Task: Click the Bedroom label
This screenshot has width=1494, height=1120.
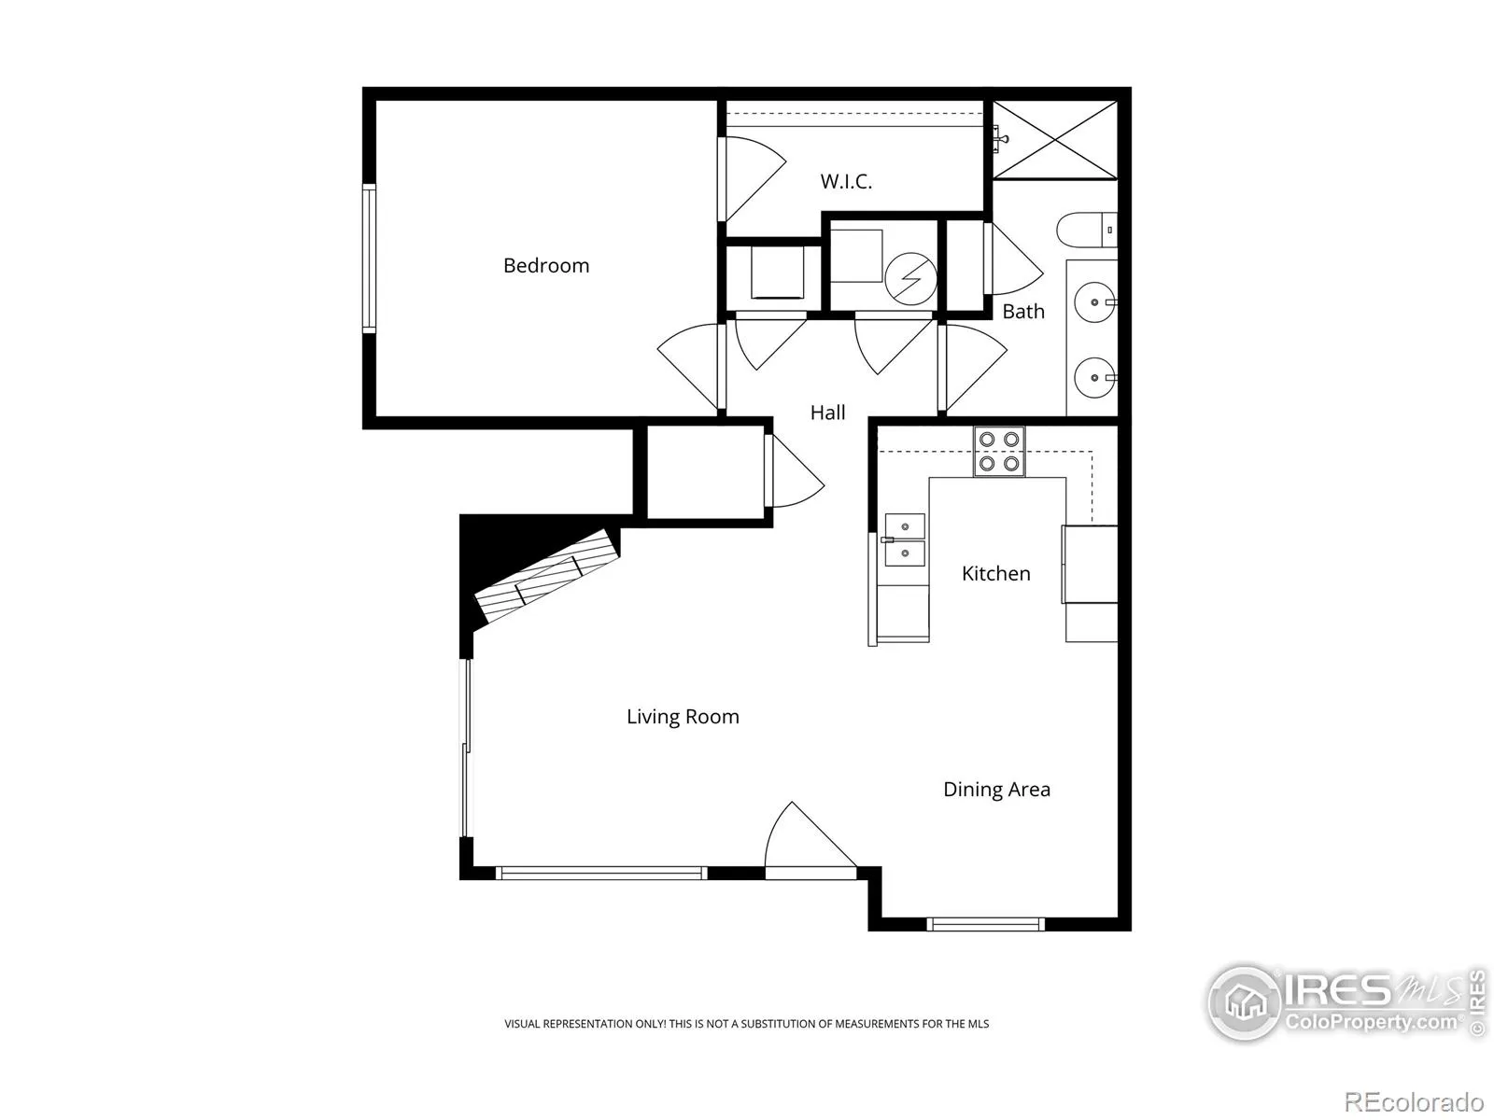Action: [546, 265]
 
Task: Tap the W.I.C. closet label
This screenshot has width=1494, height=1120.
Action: [846, 182]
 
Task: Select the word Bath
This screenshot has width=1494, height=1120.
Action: [1023, 312]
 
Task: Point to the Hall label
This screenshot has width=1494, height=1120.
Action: [827, 413]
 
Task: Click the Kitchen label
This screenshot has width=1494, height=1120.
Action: [995, 573]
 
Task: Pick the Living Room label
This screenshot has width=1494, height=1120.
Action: [683, 716]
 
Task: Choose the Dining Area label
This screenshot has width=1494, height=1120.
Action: [996, 789]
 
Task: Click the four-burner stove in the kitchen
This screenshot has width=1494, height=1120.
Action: [998, 452]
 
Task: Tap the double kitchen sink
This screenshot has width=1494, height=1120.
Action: [905, 540]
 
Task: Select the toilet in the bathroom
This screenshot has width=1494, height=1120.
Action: [1086, 230]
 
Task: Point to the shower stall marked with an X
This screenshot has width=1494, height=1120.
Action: [1055, 140]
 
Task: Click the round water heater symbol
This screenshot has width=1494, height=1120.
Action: [910, 279]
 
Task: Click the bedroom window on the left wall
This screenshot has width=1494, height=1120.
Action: [369, 259]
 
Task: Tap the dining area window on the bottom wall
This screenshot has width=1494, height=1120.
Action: [985, 923]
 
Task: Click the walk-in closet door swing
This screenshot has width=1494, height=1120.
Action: [752, 179]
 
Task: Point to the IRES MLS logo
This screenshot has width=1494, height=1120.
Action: [1346, 1003]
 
